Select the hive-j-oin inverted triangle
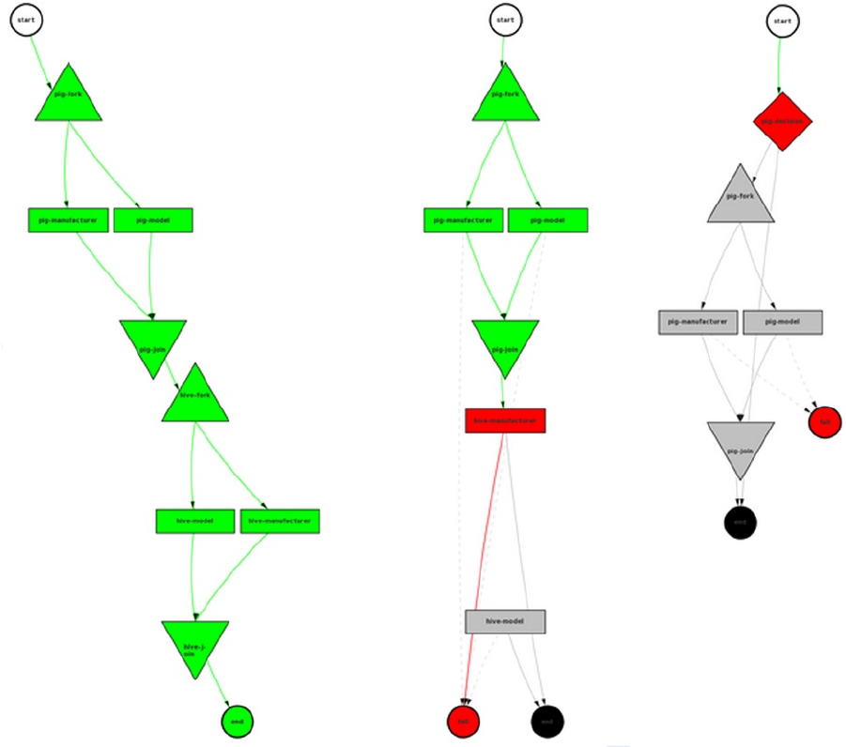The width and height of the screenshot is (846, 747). pos(194,645)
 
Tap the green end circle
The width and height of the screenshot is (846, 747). pos(238,721)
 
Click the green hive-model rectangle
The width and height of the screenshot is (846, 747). pos(194,521)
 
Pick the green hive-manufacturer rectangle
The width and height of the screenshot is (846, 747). pos(280,521)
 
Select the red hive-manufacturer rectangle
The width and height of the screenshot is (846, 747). pos(505,420)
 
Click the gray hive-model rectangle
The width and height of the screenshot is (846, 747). pos(505,621)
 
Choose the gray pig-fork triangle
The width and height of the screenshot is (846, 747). pos(741,198)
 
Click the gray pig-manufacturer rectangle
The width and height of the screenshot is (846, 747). pos(698,322)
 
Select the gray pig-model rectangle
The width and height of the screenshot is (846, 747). pos(782,322)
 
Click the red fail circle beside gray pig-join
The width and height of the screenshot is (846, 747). pos(824,422)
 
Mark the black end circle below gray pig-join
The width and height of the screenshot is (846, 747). pos(740,522)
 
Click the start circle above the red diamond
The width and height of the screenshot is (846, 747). pos(781,22)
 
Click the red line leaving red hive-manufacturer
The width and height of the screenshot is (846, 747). pos(486,563)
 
